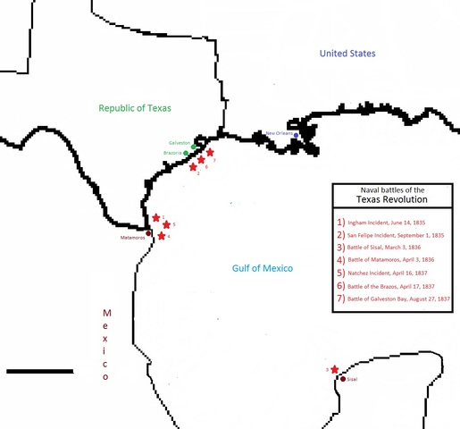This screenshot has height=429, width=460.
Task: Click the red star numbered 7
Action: (210, 153)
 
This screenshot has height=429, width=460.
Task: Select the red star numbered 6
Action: (201, 161)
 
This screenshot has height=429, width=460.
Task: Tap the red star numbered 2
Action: (193, 167)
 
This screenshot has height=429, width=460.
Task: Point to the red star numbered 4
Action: (161, 236)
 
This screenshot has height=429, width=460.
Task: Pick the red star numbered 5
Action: (166, 225)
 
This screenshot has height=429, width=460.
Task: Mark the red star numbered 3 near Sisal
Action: (334, 370)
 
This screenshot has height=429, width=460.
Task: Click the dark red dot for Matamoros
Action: (148, 233)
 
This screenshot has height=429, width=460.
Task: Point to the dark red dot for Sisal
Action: (340, 379)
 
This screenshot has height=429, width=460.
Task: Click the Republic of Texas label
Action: (135, 108)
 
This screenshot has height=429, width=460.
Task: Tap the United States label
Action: (348, 55)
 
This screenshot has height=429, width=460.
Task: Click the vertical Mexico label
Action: (106, 345)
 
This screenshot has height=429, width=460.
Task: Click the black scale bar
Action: (39, 370)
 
